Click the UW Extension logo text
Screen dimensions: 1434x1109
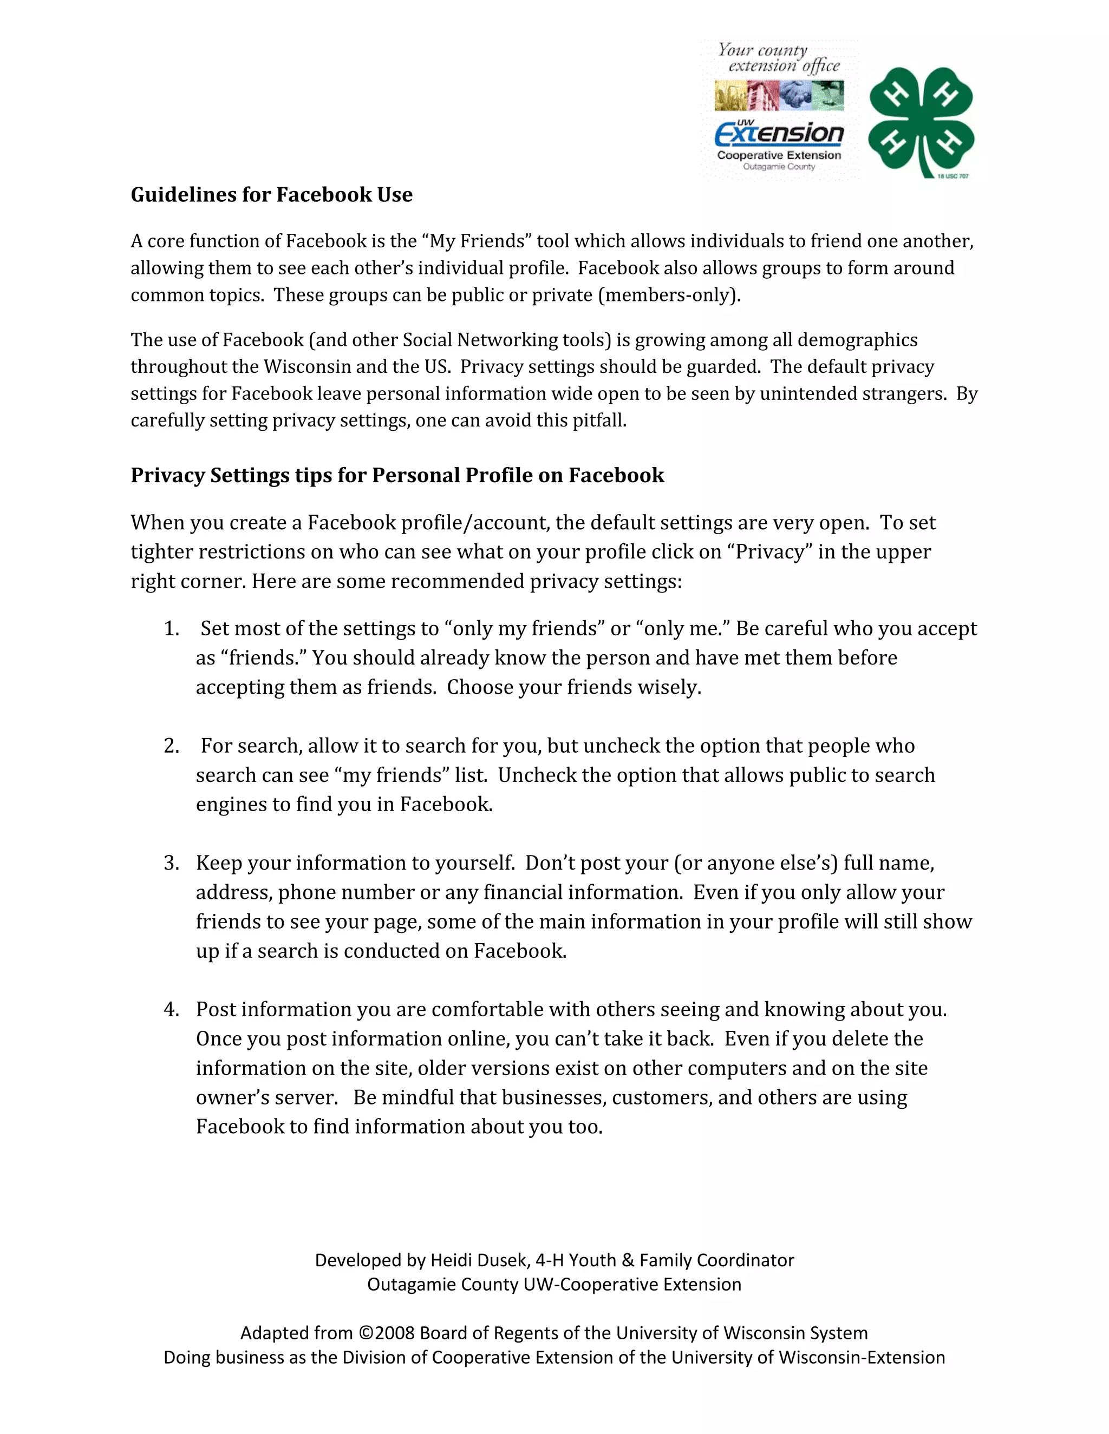click(x=779, y=134)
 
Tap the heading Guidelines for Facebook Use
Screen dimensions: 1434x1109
click(x=271, y=195)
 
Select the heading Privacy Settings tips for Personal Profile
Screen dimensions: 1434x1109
click(x=397, y=475)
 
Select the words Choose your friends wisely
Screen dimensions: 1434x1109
click(x=574, y=687)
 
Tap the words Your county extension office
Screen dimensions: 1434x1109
click(x=779, y=58)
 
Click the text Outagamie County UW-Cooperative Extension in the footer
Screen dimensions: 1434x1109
click(x=554, y=1284)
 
